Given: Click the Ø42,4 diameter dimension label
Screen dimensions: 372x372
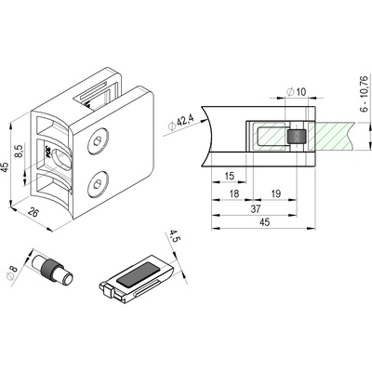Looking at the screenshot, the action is click(x=180, y=123).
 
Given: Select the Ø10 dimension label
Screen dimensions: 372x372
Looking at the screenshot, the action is click(x=297, y=92).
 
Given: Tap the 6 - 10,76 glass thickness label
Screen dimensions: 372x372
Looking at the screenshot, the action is click(x=365, y=94).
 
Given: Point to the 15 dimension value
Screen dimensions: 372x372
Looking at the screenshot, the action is click(x=229, y=176).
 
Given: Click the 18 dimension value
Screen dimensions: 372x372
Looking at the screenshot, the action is click(x=234, y=193).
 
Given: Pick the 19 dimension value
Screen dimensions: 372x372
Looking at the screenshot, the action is click(x=275, y=193).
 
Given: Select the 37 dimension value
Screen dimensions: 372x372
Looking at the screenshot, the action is click(x=255, y=208).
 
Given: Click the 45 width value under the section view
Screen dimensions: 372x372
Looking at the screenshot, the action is click(x=264, y=222).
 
